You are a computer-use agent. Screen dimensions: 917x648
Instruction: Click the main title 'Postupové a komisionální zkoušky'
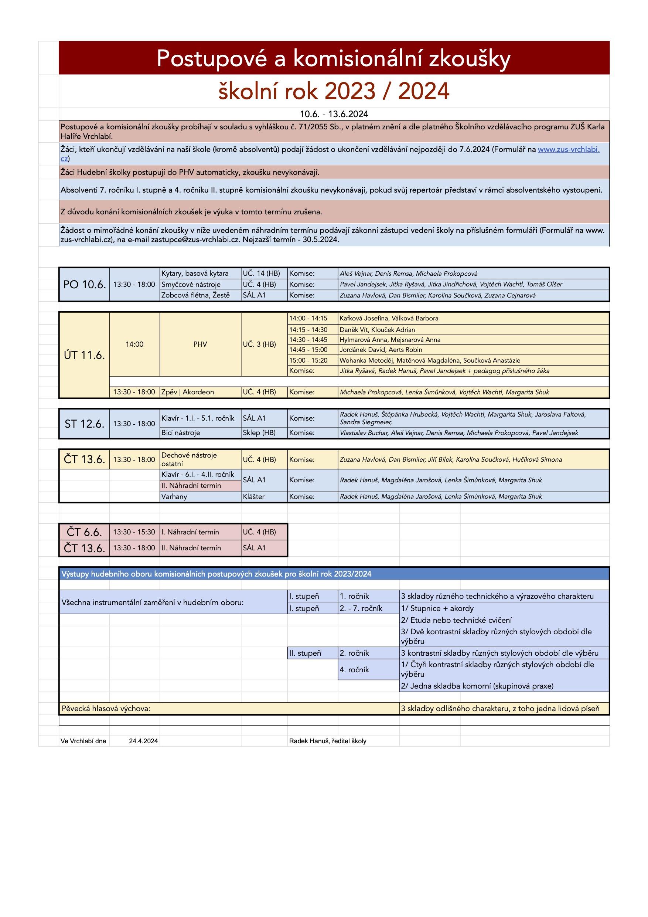coord(333,59)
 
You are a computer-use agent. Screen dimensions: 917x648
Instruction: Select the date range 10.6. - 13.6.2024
coord(334,114)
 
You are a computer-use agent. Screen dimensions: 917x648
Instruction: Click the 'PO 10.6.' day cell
coord(84,284)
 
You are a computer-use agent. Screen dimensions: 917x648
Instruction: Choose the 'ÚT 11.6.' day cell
coord(84,355)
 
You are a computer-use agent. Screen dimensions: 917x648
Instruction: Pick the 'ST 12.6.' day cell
coord(84,424)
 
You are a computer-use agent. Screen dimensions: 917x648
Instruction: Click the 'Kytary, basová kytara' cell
coord(195,274)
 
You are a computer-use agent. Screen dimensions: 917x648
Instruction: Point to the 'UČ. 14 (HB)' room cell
coord(262,274)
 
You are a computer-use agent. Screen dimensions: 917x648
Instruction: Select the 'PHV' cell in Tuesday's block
coord(200,344)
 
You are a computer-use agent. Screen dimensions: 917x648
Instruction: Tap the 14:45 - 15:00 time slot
coord(308,350)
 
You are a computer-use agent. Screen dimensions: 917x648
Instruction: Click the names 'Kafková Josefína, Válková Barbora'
coord(389,318)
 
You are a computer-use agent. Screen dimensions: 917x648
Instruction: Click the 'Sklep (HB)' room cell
coord(259,432)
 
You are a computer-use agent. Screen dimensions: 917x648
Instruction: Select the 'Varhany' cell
coord(174,496)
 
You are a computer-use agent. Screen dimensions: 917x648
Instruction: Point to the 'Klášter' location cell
coord(253,496)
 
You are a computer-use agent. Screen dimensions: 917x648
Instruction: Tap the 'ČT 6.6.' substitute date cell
coord(84,532)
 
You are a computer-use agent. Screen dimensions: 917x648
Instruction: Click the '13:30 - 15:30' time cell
coord(134,532)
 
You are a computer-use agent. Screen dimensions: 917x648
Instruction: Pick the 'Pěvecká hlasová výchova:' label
coord(106,709)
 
